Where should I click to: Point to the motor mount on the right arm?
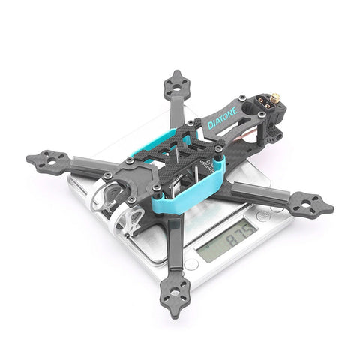tap(308, 202)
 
